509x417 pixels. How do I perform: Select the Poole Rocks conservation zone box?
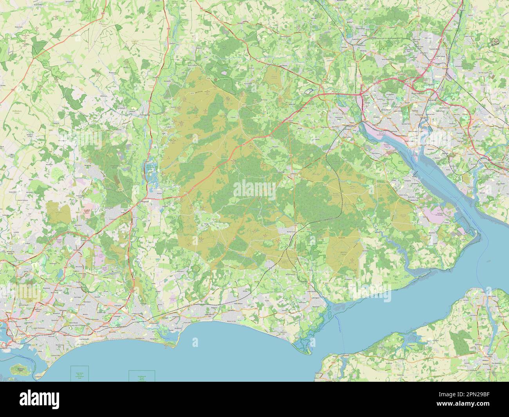(x=79, y=374)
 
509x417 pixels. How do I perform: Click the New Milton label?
(x=239, y=303)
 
